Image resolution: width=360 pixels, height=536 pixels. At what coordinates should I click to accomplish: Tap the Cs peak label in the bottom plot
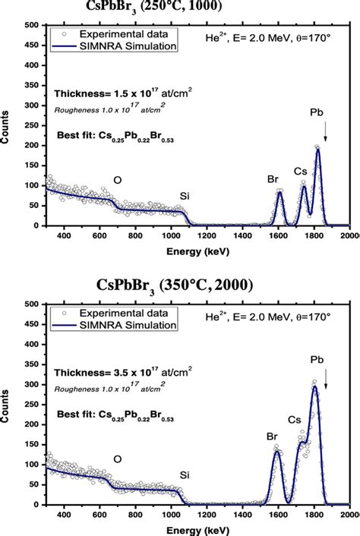click(294, 418)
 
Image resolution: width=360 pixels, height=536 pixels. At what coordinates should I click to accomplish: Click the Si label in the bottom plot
click(185, 475)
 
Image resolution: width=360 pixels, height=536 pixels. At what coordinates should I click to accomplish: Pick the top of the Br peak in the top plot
click(279, 192)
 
